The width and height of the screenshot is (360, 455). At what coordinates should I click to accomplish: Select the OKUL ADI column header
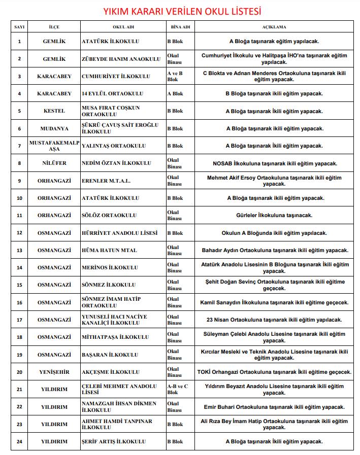(x=122, y=27)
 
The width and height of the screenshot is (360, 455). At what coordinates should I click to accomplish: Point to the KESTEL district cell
(x=54, y=111)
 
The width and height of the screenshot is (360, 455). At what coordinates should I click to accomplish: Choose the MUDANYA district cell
(x=54, y=128)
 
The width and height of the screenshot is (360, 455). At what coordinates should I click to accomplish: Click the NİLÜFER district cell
(x=54, y=163)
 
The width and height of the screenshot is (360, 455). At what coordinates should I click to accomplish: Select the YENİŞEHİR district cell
(x=54, y=372)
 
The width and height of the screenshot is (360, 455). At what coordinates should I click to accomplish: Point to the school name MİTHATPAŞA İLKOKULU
(x=115, y=337)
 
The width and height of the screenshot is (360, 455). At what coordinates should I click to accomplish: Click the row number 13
(x=19, y=250)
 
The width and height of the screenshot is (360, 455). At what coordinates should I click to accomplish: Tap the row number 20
(x=19, y=372)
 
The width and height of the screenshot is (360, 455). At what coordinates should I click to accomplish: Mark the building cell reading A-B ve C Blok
(x=178, y=389)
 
